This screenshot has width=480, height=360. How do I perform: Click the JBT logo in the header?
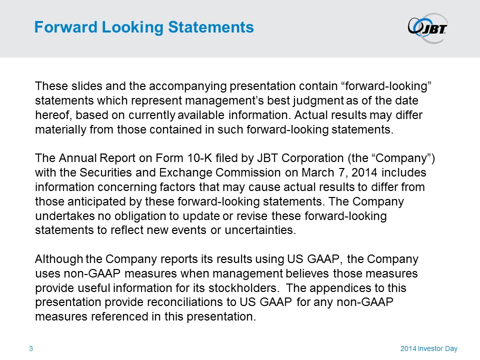(x=427, y=28)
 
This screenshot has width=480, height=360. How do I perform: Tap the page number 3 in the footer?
(x=31, y=348)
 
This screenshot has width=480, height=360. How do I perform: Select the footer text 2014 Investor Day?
(x=429, y=348)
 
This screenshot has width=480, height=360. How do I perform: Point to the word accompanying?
(x=187, y=86)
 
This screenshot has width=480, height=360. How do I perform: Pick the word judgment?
(x=318, y=101)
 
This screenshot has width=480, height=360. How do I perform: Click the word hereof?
(x=53, y=115)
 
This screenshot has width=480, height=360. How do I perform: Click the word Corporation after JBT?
(x=312, y=158)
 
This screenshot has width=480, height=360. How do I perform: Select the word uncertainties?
(x=260, y=230)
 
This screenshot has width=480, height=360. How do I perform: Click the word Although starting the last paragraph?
(x=59, y=259)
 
